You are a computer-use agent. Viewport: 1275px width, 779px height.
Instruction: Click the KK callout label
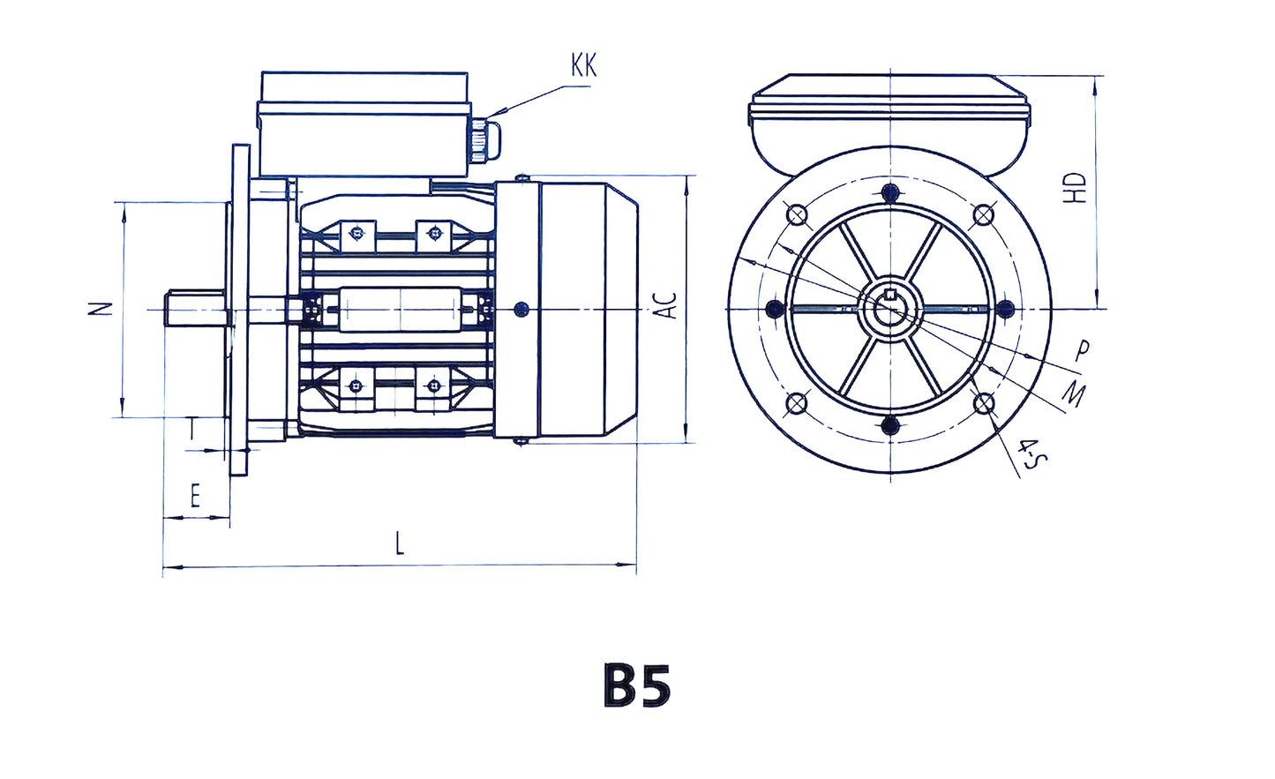pyautogui.click(x=583, y=65)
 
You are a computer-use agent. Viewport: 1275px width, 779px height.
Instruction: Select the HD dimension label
pyautogui.click(x=1075, y=188)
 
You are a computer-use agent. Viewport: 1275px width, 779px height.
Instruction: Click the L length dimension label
pyautogui.click(x=400, y=543)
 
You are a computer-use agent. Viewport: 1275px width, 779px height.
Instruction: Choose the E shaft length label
pyautogui.click(x=196, y=497)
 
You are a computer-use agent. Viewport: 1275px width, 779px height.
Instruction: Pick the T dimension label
pyautogui.click(x=193, y=430)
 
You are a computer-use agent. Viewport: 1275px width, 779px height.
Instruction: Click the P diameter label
pyautogui.click(x=1082, y=351)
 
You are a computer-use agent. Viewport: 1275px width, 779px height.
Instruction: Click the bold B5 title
pyautogui.click(x=637, y=685)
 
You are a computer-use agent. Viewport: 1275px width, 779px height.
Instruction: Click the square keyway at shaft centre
pyautogui.click(x=890, y=295)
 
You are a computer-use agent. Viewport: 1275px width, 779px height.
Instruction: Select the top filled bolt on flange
pyautogui.click(x=890, y=192)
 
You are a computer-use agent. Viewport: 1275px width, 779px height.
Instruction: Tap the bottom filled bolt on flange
pyautogui.click(x=890, y=425)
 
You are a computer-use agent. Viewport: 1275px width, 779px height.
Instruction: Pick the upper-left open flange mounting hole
pyautogui.click(x=796, y=214)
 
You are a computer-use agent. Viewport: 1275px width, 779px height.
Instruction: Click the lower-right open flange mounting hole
pyautogui.click(x=984, y=404)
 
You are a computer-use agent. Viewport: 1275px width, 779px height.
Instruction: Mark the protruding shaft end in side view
pyautogui.click(x=196, y=309)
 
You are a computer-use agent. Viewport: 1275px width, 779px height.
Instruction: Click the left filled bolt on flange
pyautogui.click(x=775, y=309)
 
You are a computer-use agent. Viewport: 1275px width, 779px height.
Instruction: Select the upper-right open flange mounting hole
pyautogui.click(x=984, y=214)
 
